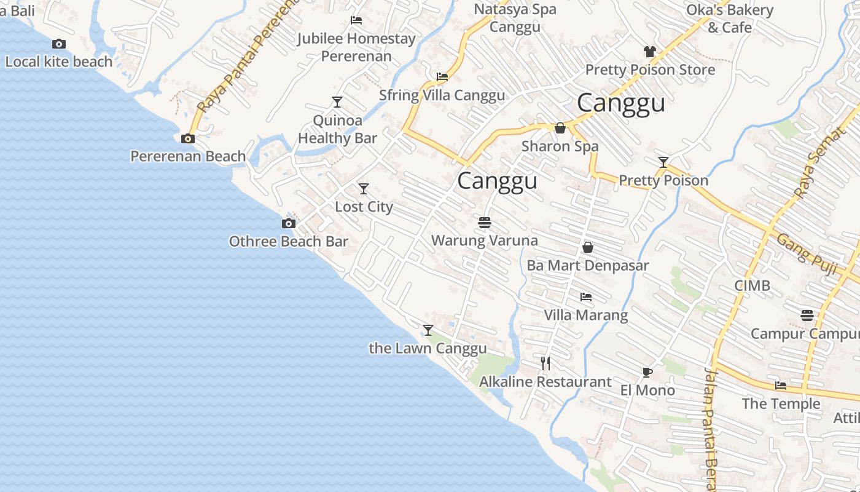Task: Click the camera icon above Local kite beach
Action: coord(59,44)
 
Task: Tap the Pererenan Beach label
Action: coord(188,156)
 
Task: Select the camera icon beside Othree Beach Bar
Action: coord(288,223)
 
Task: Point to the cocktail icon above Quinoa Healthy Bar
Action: coord(337,101)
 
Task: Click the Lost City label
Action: coord(364,207)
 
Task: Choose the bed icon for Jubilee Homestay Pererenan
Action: coord(356,20)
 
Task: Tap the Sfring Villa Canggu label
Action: coord(442,95)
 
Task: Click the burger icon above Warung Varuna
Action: coord(485,222)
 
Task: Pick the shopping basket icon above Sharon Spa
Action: coord(560,128)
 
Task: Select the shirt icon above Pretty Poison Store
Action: coord(650,52)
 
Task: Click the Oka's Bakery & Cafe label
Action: coord(729,18)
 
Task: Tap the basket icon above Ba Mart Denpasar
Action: coord(587,247)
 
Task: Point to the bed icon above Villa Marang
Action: coord(586,297)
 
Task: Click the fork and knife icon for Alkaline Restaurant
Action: coord(545,363)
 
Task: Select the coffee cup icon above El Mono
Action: coord(647,371)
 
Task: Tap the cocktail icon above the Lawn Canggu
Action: coord(428,330)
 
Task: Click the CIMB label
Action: coord(752,286)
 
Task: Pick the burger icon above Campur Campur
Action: coord(807,315)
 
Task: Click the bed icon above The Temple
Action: coord(781,386)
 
